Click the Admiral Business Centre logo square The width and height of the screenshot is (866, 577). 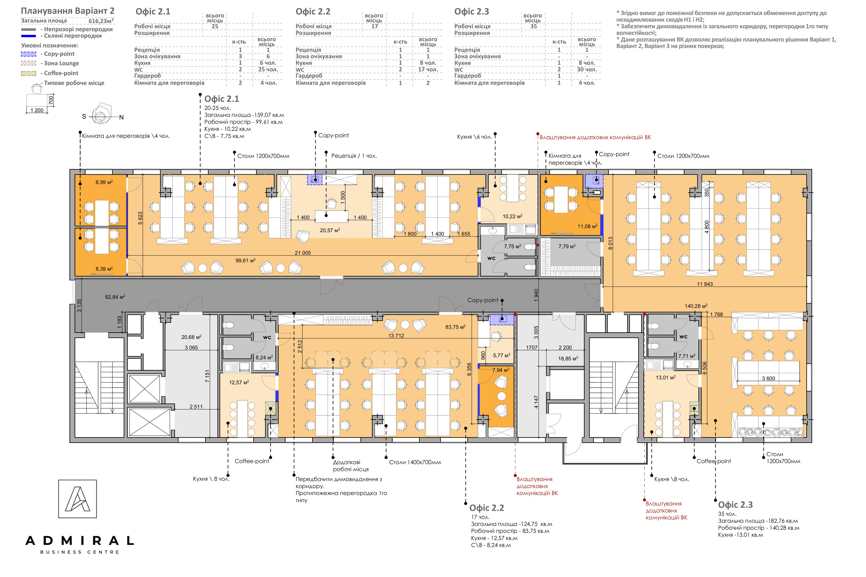click(x=77, y=499)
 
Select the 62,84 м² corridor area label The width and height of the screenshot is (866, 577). click(x=115, y=297)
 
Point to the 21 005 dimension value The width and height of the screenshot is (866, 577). click(x=303, y=253)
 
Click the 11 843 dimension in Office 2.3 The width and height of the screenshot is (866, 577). click(x=705, y=284)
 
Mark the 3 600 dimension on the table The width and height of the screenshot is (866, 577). click(x=768, y=378)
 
